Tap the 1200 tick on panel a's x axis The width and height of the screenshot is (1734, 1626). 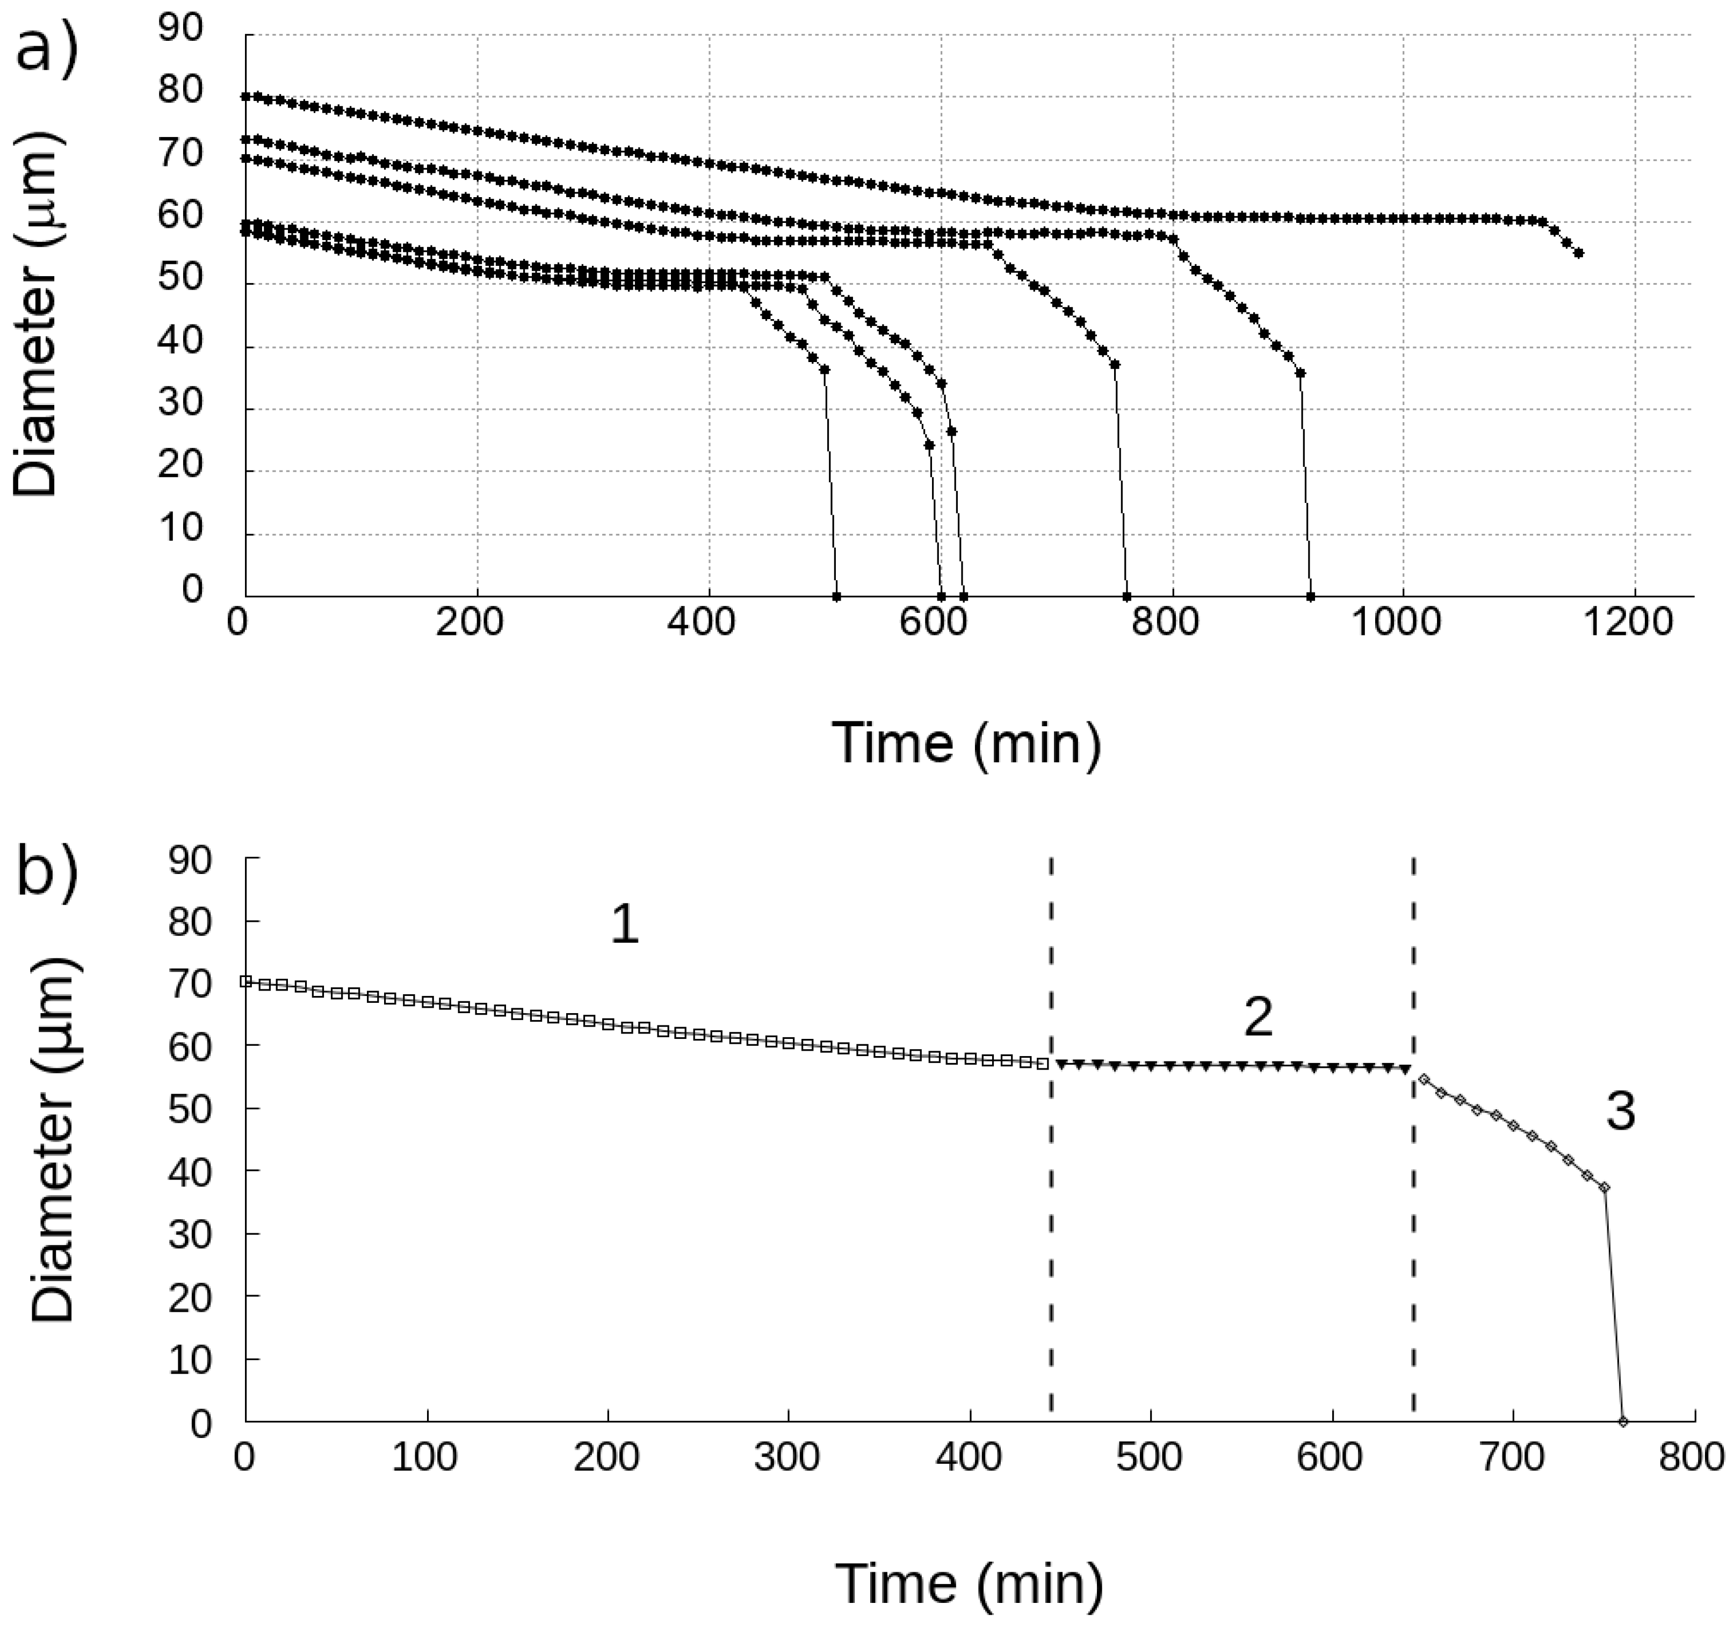click(x=1633, y=623)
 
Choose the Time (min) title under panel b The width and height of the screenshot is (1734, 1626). click(x=968, y=1583)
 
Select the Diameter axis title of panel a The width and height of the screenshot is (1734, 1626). click(x=37, y=314)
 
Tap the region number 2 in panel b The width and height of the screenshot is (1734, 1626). click(x=1257, y=1017)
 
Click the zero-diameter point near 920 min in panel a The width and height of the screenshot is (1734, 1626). click(x=1310, y=597)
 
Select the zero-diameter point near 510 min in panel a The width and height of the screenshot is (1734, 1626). click(x=836, y=597)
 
